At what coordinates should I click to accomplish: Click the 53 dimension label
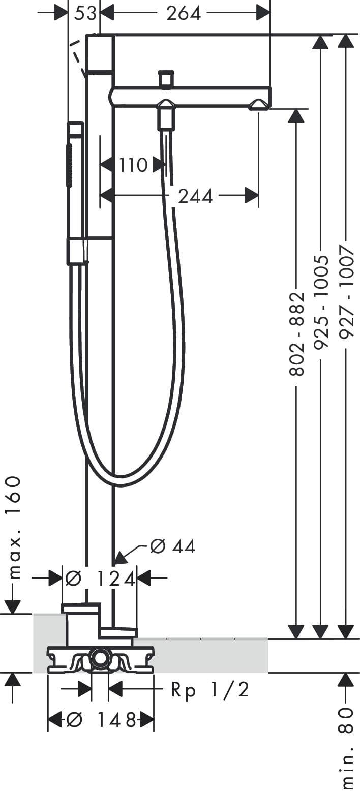[x=85, y=13]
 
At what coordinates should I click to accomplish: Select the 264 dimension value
[x=184, y=13]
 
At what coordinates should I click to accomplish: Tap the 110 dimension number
[x=133, y=165]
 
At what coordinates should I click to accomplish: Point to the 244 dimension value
[x=195, y=196]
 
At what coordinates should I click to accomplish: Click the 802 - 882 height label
[x=296, y=333]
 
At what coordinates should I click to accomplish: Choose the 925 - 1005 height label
[x=321, y=302]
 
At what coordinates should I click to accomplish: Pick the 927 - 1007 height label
[x=346, y=292]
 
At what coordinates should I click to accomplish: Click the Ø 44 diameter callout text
[x=172, y=546]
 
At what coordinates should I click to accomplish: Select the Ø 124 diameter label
[x=101, y=579]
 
